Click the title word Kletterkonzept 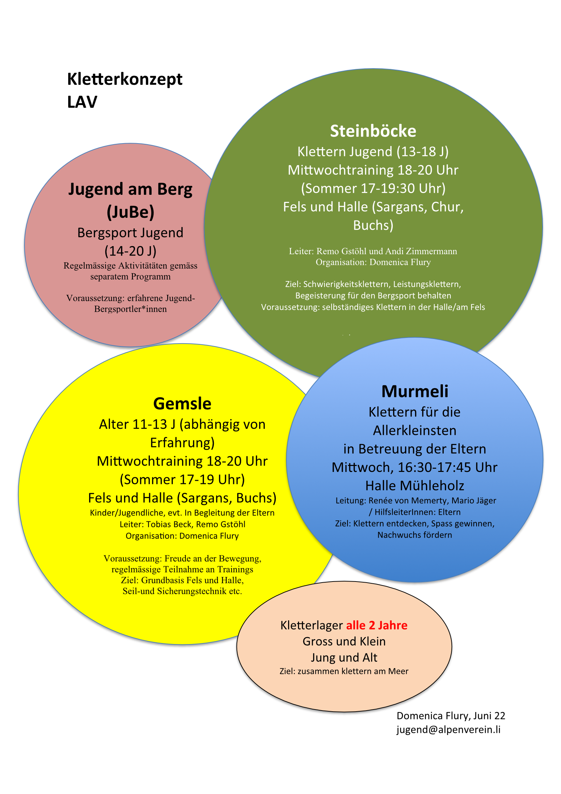click(x=125, y=79)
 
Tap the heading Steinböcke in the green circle click(x=373, y=131)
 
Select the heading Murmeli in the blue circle click(x=415, y=391)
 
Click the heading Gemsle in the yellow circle click(x=182, y=403)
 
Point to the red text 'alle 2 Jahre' click(x=376, y=625)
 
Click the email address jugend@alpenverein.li click(x=448, y=729)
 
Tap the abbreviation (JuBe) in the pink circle click(x=130, y=212)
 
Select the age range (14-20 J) click(x=130, y=251)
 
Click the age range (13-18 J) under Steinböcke click(x=422, y=152)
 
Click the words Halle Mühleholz click(x=415, y=486)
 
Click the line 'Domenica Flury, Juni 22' click(x=451, y=716)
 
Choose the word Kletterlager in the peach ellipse click(x=311, y=625)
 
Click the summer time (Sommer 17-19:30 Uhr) click(x=373, y=188)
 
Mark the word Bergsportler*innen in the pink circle click(x=130, y=309)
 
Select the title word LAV click(x=82, y=102)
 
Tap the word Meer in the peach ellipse click(x=398, y=671)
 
